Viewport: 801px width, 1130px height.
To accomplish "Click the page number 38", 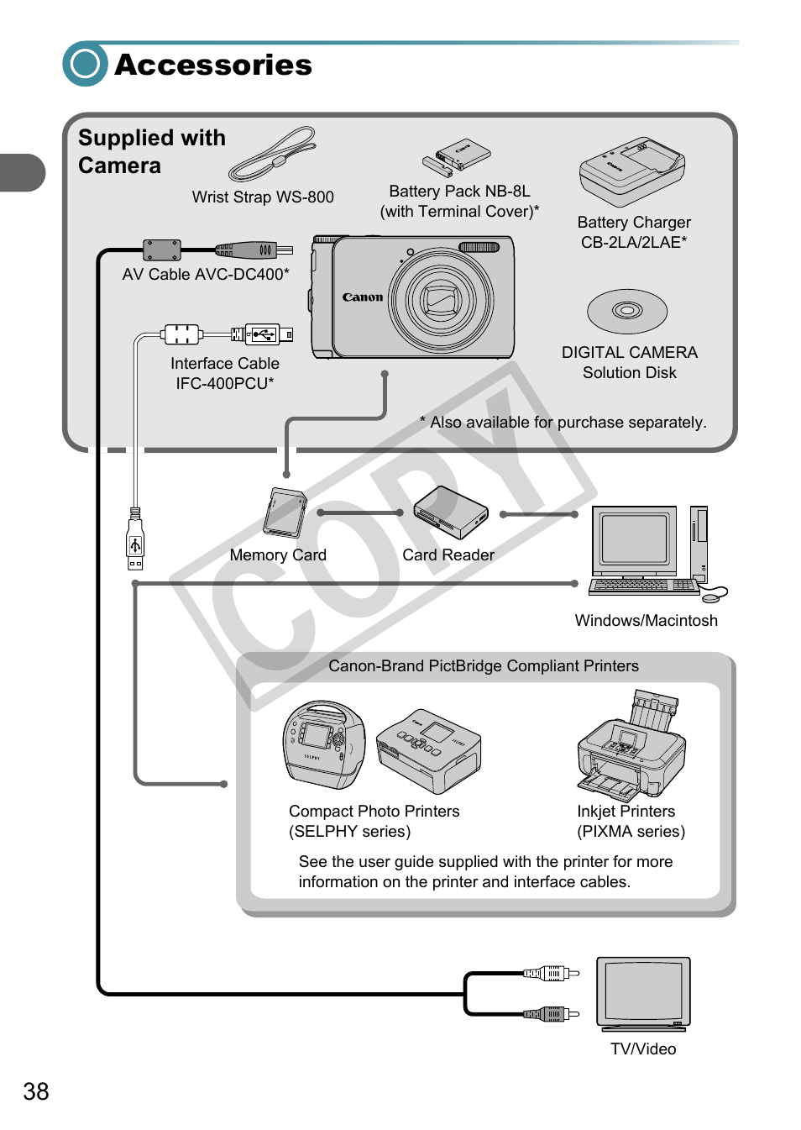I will point(36,1091).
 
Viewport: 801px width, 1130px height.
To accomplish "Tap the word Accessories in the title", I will point(213,65).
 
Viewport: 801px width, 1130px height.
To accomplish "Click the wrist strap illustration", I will point(274,155).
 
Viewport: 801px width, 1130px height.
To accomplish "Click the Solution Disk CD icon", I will point(627,311).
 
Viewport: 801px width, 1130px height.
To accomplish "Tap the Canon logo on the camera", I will point(363,297).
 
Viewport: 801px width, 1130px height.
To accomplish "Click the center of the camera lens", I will point(439,298).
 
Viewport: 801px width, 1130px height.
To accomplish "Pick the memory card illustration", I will point(285,512).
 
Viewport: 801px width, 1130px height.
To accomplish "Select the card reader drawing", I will point(451,512).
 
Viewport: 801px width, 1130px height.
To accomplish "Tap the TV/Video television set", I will point(643,993).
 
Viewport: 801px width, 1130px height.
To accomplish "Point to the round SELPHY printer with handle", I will point(324,744).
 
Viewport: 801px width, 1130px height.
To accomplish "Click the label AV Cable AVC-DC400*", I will point(206,274).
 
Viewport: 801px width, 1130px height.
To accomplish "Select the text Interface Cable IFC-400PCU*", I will point(225,373).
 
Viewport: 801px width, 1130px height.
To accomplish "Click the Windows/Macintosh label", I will point(646,620).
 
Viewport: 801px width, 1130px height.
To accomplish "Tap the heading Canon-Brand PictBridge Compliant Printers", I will point(484,665).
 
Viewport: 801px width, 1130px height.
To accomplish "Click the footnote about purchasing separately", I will point(564,422).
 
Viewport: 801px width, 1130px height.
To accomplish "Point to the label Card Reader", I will point(448,554).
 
